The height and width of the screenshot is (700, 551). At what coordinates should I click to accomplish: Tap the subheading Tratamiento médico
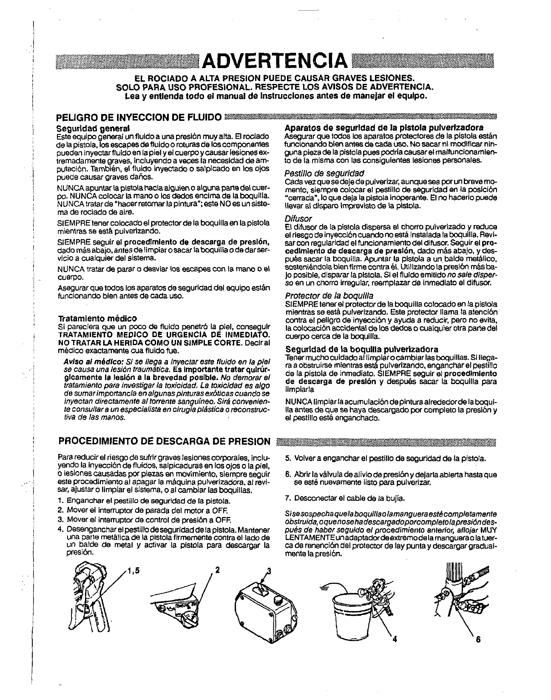click(97, 318)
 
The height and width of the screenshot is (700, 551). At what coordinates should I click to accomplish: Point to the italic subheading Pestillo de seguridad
click(324, 173)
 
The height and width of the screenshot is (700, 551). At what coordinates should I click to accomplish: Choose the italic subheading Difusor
click(298, 219)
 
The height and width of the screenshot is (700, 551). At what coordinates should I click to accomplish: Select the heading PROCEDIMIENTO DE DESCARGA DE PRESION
click(164, 440)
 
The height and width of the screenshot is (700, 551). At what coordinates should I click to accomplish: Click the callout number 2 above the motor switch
click(217, 570)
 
